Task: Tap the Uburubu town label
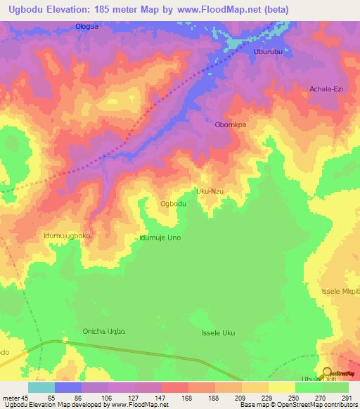(268, 52)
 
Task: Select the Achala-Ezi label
(325, 89)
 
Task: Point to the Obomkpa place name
(231, 124)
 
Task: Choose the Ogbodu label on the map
(173, 204)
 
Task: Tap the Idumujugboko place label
(67, 236)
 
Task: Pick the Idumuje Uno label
(160, 238)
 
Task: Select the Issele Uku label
(218, 333)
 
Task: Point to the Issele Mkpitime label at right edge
(345, 291)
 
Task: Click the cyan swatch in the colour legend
(41, 387)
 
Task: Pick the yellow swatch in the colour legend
(282, 387)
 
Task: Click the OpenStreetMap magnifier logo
(327, 372)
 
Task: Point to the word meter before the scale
(11, 397)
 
